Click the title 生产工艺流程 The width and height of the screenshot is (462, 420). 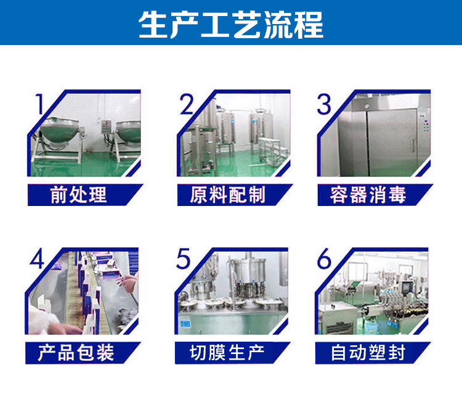[x=231, y=24]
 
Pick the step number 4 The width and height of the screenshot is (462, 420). [x=38, y=260]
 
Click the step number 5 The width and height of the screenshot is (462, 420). [x=184, y=259]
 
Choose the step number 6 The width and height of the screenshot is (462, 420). [x=324, y=260]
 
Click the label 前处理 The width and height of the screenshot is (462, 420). [x=78, y=195]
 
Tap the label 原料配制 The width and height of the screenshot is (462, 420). [x=227, y=195]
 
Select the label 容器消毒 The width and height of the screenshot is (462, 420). [x=368, y=195]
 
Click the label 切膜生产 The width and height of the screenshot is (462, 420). [x=227, y=352]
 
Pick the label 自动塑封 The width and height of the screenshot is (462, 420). [x=368, y=352]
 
